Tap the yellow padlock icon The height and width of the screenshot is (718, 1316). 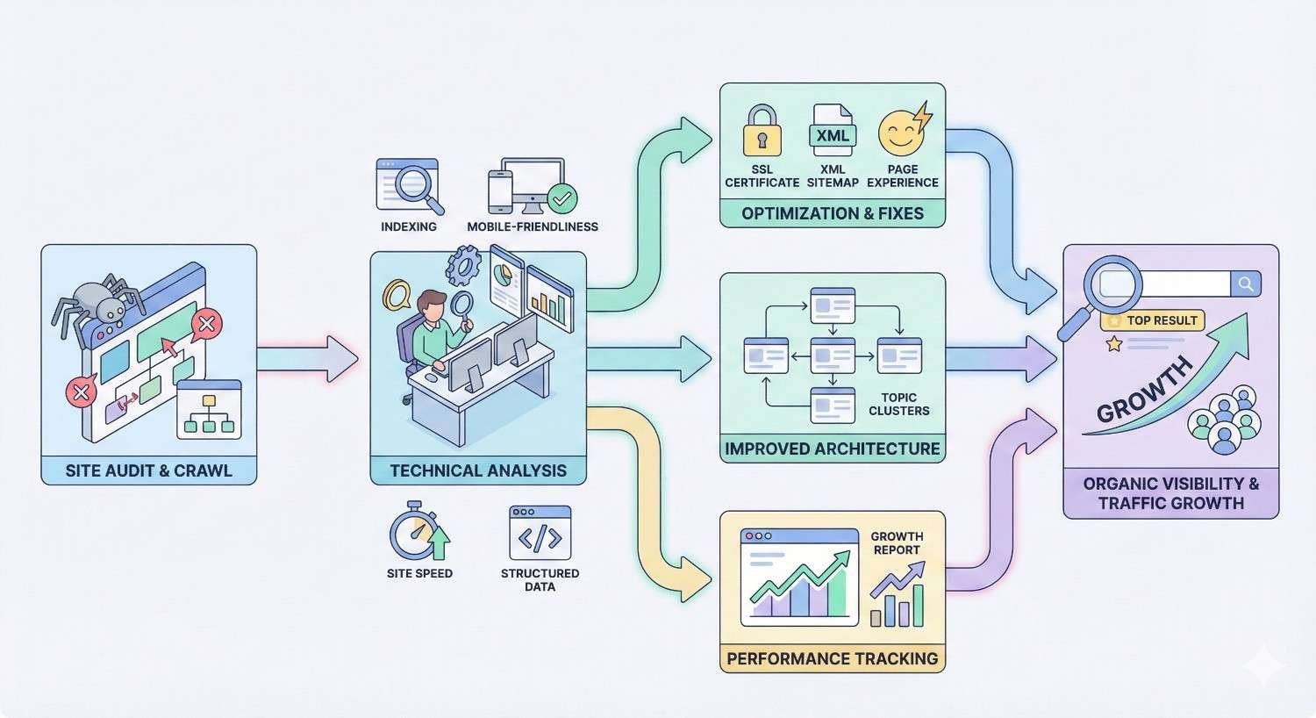coord(762,132)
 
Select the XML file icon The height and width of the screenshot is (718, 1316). coord(833,131)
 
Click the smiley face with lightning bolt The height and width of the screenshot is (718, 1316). coord(903,131)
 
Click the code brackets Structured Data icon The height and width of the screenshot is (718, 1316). coord(540,533)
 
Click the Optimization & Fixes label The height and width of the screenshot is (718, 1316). coord(832,213)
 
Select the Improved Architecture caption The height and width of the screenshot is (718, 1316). coord(832,449)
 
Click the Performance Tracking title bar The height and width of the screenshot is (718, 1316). coord(832,658)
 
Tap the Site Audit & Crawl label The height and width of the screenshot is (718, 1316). coord(148,470)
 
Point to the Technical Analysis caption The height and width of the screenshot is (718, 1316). coord(478,470)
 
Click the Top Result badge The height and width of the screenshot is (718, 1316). coord(1153,320)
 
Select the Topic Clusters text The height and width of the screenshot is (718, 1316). coord(898,404)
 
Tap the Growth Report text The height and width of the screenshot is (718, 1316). coord(896,542)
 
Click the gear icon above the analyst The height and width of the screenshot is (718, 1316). coord(462,264)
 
